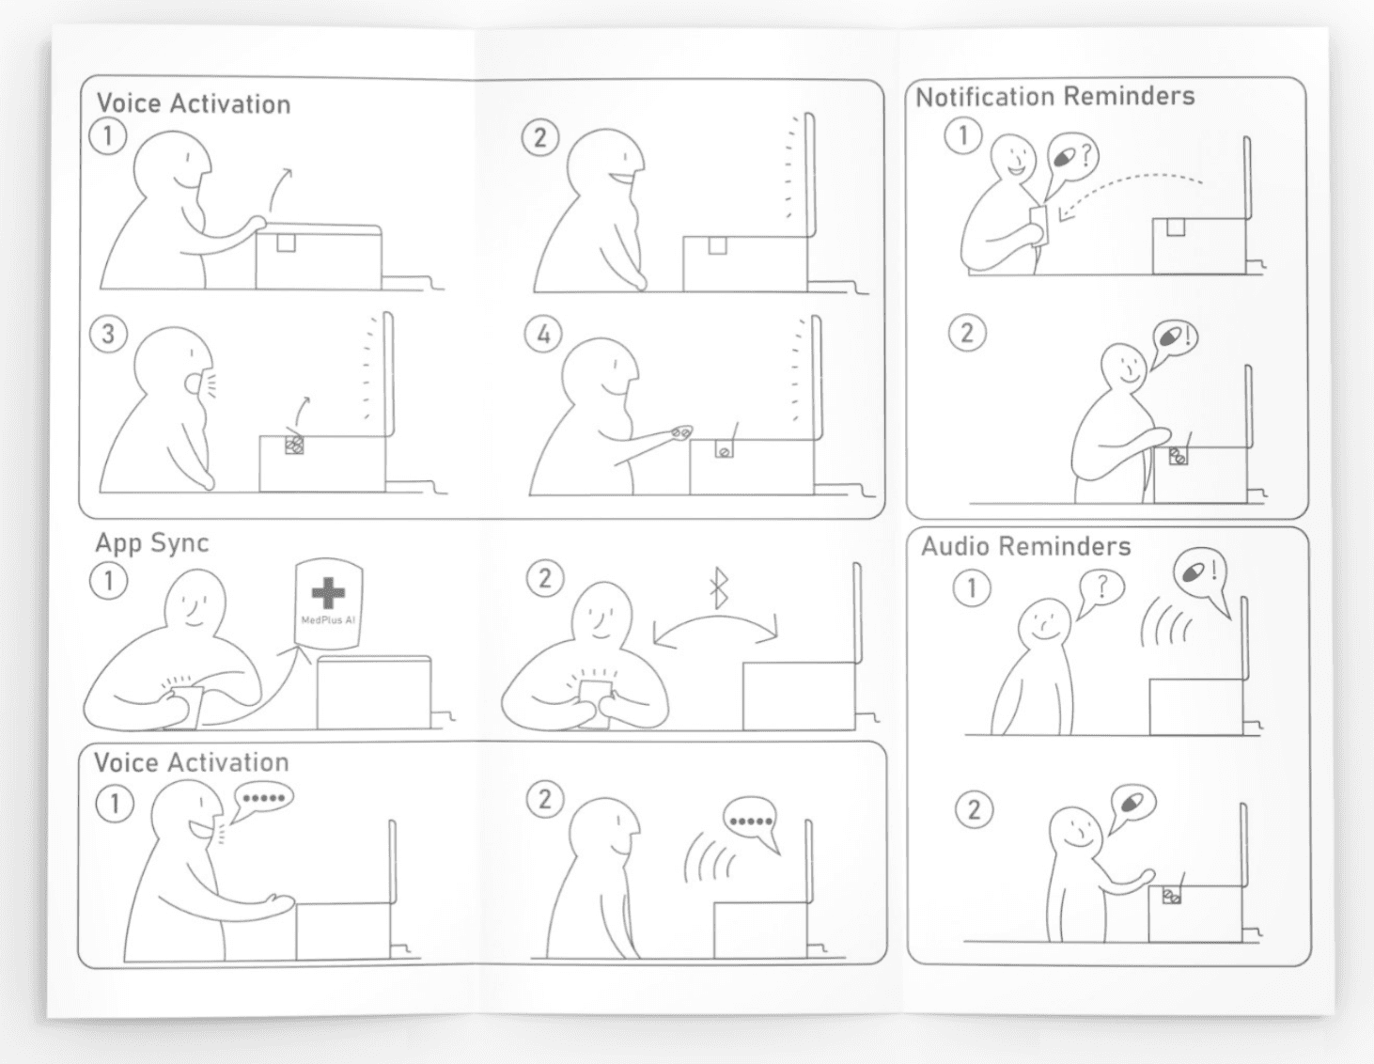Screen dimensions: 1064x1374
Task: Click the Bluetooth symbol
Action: click(x=719, y=588)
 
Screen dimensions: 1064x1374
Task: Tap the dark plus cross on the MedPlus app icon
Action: click(x=328, y=592)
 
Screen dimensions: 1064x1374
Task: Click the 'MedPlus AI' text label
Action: click(x=328, y=620)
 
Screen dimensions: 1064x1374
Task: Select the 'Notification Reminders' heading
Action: click(x=1054, y=97)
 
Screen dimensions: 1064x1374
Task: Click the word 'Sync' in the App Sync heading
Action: click(x=180, y=543)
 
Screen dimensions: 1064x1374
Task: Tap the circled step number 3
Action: click(x=108, y=335)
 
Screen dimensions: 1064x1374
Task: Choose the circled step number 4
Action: click(x=543, y=335)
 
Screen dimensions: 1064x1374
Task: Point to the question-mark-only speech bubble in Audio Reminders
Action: click(x=1101, y=590)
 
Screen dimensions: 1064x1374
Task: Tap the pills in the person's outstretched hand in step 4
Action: click(x=681, y=432)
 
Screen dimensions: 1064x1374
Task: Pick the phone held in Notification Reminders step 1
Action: click(x=1038, y=226)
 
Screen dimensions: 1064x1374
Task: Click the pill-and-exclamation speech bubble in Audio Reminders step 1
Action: click(x=1200, y=574)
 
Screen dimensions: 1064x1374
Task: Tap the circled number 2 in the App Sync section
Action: click(x=545, y=579)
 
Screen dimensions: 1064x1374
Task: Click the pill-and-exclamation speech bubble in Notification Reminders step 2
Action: click(x=1174, y=339)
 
